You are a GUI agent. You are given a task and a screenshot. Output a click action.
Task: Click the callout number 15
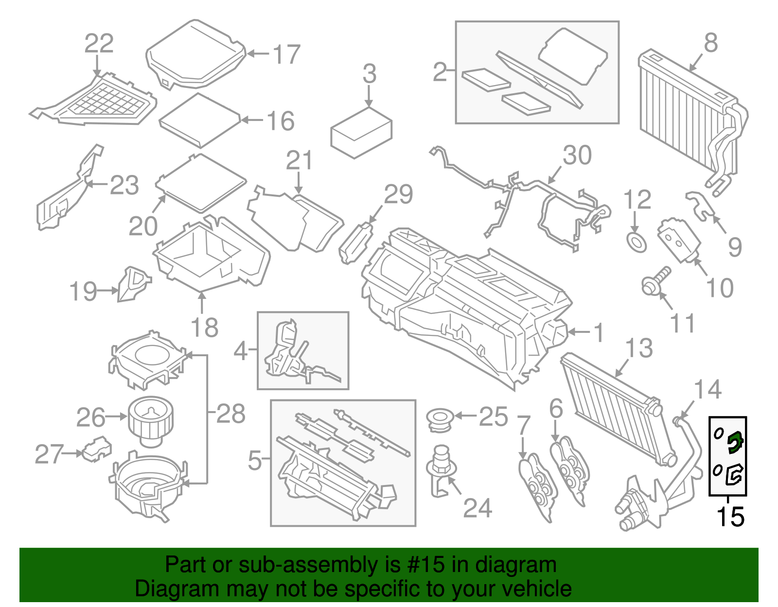point(730,517)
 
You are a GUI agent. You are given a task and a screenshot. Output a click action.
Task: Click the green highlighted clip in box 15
point(735,442)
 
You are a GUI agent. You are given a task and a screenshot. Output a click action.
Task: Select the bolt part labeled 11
point(654,281)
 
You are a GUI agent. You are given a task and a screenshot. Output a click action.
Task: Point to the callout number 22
point(99,43)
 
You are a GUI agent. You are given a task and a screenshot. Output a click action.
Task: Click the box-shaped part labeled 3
point(361,133)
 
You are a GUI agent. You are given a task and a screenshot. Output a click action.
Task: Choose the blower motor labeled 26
point(151,420)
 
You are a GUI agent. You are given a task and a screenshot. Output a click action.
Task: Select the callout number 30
point(577,155)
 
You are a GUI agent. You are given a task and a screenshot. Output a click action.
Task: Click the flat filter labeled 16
point(200,120)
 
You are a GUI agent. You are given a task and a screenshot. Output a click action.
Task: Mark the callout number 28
point(231,414)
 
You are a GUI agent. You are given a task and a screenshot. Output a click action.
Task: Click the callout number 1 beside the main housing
point(599,333)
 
